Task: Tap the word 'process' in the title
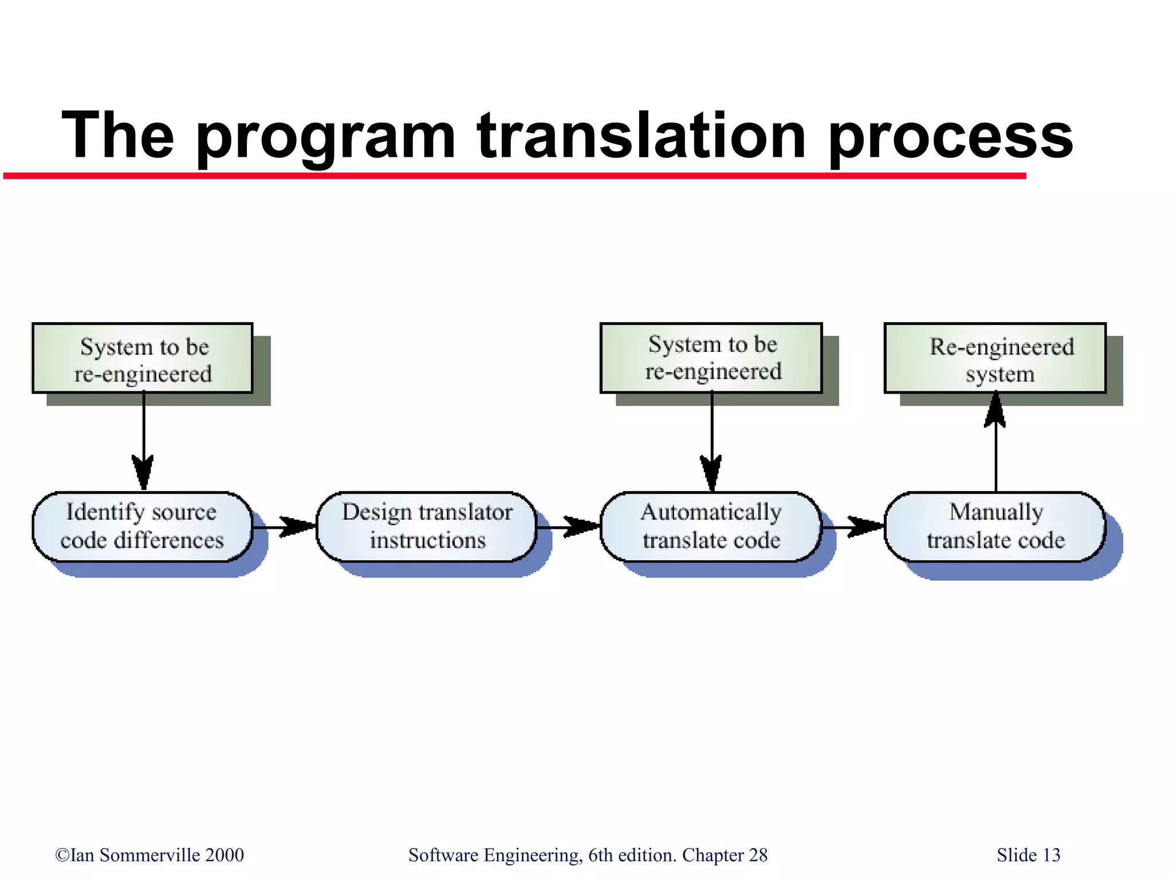(951, 137)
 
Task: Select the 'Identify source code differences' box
(142, 526)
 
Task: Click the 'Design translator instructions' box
(427, 526)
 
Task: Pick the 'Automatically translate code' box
(711, 526)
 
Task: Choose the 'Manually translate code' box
(995, 526)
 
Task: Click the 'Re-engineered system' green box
(995, 358)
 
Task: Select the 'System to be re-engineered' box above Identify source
(142, 358)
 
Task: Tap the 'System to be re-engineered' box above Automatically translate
(711, 358)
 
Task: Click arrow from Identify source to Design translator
(285, 527)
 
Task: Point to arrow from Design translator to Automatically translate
(569, 527)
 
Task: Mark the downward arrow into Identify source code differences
(143, 441)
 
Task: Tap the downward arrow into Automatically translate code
(712, 441)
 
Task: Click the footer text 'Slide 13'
(1028, 855)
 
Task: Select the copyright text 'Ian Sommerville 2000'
(150, 855)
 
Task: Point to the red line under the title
(515, 176)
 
